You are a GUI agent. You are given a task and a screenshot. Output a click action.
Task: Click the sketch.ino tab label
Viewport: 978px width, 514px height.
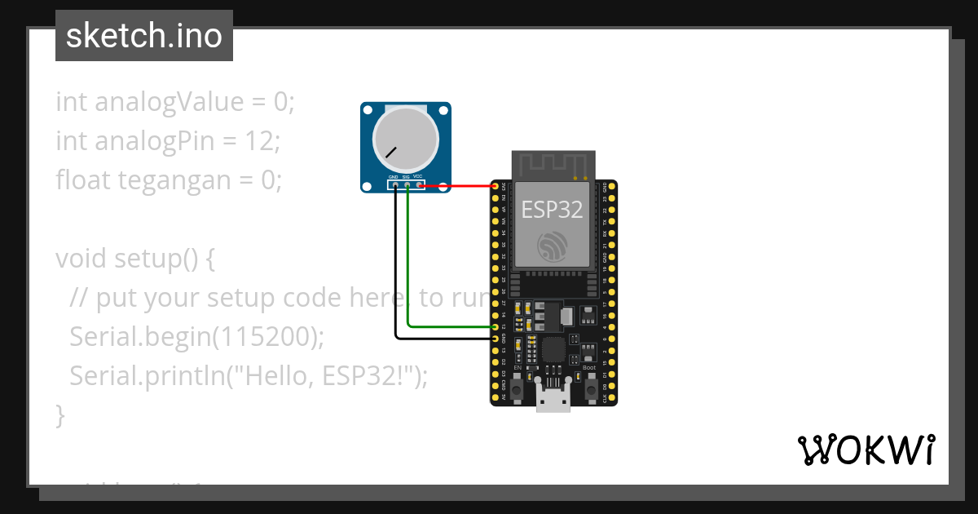(x=144, y=36)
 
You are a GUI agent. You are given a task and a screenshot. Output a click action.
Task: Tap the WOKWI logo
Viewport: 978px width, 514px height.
(x=866, y=450)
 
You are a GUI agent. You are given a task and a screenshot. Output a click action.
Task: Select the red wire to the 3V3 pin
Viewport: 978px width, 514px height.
(x=456, y=187)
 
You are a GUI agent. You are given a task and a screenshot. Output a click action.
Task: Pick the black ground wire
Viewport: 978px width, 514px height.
(x=396, y=269)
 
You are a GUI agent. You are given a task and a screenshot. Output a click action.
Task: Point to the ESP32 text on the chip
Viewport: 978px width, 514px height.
(x=553, y=210)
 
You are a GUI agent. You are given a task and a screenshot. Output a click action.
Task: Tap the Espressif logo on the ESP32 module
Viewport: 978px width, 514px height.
(x=553, y=247)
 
